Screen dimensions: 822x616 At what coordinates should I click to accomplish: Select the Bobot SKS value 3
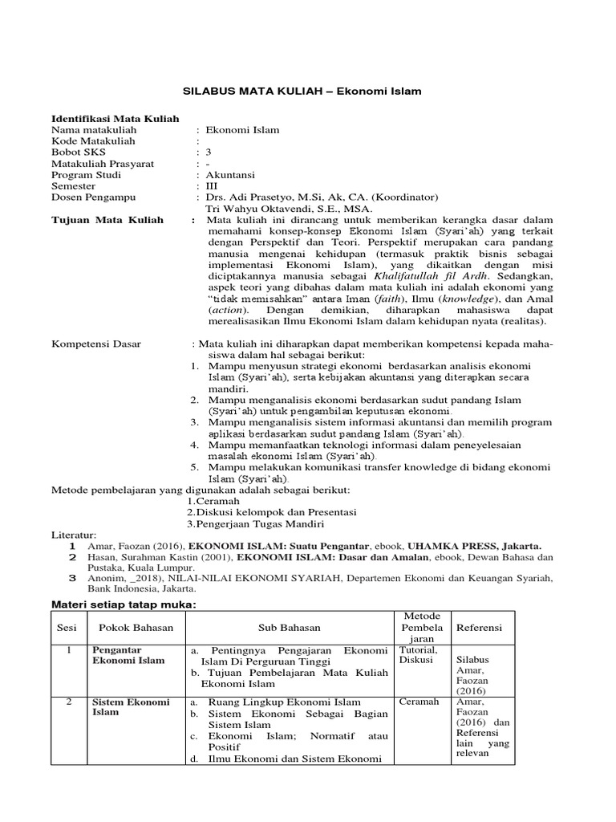pyautogui.click(x=209, y=152)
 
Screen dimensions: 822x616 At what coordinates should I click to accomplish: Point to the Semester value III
pyautogui.click(x=212, y=185)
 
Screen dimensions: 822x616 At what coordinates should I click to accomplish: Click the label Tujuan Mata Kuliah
pyautogui.click(x=107, y=220)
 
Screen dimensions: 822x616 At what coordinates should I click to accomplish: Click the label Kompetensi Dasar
pyautogui.click(x=96, y=344)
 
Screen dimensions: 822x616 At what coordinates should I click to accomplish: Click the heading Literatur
pyautogui.click(x=73, y=535)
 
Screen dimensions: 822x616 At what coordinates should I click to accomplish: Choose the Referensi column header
pyautogui.click(x=480, y=627)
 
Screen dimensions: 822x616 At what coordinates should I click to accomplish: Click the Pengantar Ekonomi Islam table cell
pyautogui.click(x=128, y=655)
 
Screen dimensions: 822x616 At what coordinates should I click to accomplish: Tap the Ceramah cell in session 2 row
pyautogui.click(x=419, y=702)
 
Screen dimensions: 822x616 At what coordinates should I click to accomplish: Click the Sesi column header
pyautogui.click(x=65, y=627)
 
